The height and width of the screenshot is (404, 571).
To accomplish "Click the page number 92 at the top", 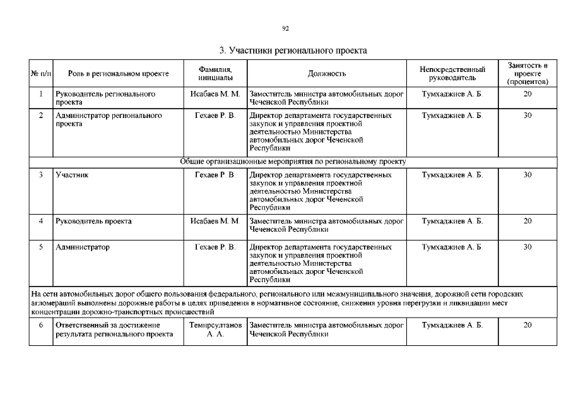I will [x=285, y=28].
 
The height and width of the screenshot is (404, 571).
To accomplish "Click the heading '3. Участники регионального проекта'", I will [x=293, y=50].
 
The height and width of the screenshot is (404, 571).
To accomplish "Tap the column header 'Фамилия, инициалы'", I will [x=215, y=73].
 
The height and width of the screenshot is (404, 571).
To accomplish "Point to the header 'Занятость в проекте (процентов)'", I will [x=527, y=73].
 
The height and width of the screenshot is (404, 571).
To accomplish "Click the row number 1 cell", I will [x=40, y=94].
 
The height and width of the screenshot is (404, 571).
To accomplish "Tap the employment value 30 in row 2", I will [x=527, y=116].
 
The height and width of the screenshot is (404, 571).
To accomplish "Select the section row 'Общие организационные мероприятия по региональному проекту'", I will [x=293, y=162].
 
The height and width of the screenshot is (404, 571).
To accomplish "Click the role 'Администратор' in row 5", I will [x=83, y=247].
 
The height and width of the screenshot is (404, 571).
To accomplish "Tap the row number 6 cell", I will [x=40, y=325].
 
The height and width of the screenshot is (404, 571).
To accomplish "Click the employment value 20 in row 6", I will [x=527, y=325].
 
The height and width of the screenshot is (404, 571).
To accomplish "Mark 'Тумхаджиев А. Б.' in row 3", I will [x=452, y=175].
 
